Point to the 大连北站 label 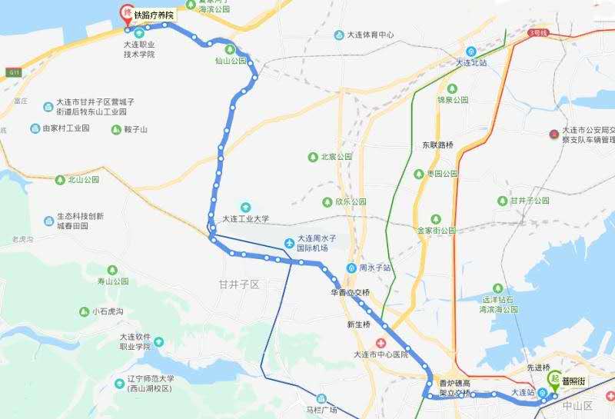point(472,63)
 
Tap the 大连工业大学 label point(246,219)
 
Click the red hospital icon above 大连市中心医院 point(379,342)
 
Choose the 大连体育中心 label point(371,35)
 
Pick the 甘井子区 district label point(239,284)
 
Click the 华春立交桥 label point(350,293)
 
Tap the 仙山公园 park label point(231,60)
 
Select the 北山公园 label point(84,180)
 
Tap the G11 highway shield point(14,72)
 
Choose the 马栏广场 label point(322,410)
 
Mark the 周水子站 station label point(374,268)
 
